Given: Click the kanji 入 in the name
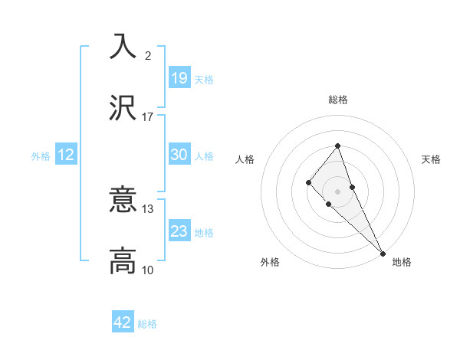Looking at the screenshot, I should click(123, 47).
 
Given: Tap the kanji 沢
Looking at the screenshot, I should click(123, 109).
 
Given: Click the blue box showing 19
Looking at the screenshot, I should click(179, 78).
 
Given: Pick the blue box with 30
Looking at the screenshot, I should click(179, 155).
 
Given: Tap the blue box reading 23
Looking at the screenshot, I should click(179, 231).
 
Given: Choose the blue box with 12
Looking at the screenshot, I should click(66, 155).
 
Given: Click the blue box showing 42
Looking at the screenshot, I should click(123, 322).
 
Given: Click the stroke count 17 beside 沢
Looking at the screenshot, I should click(148, 117).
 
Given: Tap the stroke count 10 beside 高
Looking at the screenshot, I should click(148, 270).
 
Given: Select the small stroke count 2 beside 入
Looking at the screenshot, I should click(148, 56).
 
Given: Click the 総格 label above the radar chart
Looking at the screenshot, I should click(337, 100).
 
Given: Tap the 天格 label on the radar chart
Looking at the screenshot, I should click(431, 159).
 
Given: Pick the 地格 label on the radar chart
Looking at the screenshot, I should click(402, 262).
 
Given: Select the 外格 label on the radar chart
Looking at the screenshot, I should click(270, 262).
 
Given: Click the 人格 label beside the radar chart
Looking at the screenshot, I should click(245, 159).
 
